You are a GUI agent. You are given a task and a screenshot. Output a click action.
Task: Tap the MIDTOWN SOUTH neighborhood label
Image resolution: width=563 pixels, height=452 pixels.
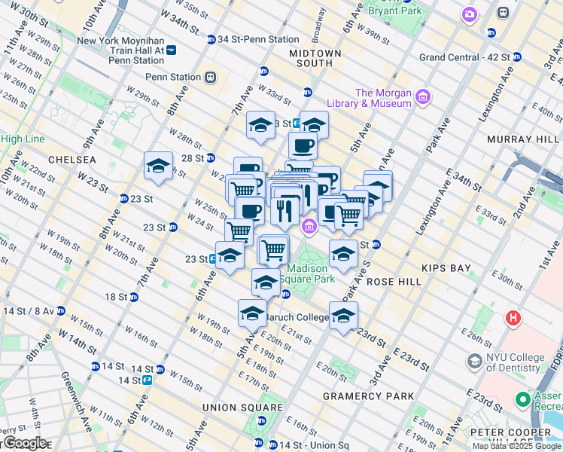click(x=315, y=60)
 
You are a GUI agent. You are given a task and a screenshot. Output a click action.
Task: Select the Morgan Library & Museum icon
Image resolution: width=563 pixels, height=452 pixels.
click(x=423, y=96)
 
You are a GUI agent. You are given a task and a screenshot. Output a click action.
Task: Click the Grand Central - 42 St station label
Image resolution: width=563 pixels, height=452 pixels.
click(x=464, y=57)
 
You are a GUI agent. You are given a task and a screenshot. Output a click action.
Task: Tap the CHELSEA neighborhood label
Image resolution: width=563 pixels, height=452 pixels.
click(x=72, y=160)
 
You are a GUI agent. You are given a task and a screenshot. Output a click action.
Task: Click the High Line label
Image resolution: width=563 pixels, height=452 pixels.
click(x=23, y=139)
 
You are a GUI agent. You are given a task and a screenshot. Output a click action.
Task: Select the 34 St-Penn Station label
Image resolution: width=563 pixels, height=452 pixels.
click(x=258, y=39)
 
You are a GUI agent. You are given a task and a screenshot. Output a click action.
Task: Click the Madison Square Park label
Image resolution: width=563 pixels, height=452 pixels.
click(x=307, y=273)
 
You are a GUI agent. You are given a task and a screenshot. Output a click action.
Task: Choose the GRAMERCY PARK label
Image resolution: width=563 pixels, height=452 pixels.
click(x=368, y=396)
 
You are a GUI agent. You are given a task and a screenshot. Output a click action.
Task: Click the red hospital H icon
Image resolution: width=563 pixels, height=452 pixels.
click(x=515, y=318)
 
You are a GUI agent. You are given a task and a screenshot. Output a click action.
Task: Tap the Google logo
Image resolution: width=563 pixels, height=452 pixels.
click(x=24, y=443)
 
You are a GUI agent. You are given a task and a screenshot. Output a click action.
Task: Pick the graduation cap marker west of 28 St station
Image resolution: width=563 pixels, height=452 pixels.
click(x=159, y=166)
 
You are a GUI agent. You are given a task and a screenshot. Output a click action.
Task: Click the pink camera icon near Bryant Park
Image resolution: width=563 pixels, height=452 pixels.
click(x=470, y=14)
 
